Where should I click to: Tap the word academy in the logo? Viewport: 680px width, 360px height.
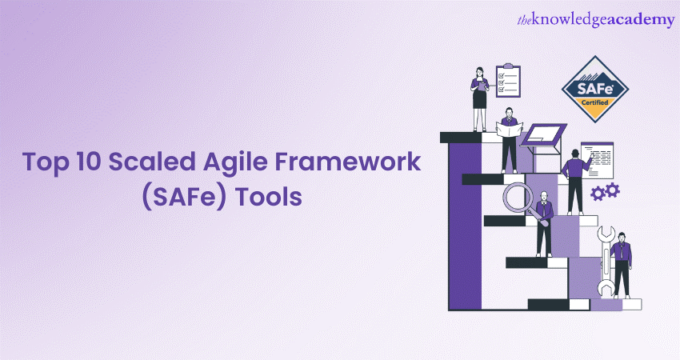(641, 21)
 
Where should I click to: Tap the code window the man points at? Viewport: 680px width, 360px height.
(598, 160)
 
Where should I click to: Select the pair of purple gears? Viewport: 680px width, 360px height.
(605, 191)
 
